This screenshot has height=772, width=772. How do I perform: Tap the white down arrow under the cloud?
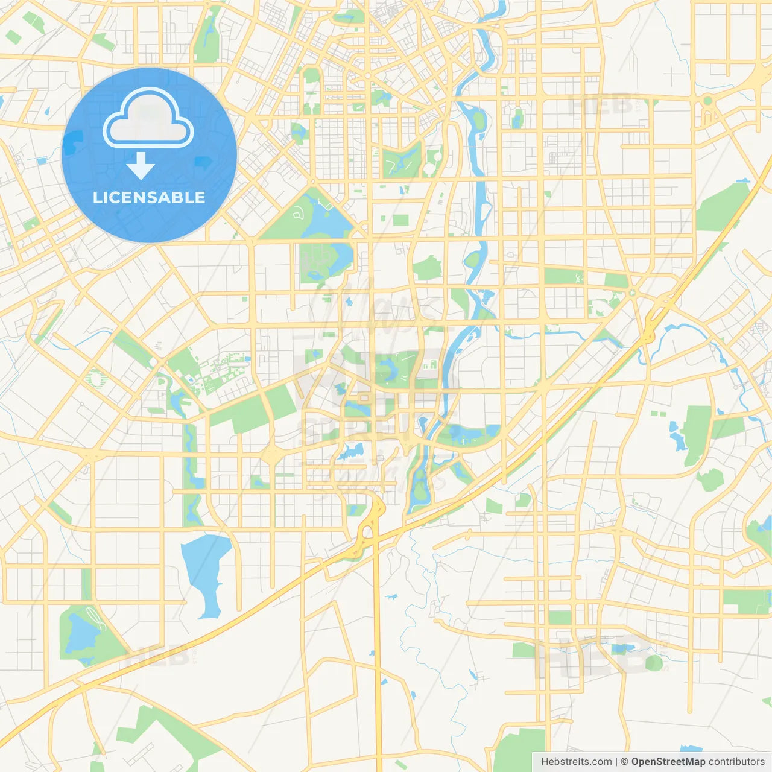(x=141, y=165)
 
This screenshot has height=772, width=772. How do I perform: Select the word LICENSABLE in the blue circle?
(x=149, y=197)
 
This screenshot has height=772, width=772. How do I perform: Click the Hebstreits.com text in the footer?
(x=576, y=762)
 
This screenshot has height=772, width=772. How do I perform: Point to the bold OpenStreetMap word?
(x=668, y=762)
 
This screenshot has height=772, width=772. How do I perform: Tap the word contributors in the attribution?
(x=736, y=762)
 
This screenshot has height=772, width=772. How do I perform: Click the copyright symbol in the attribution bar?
(x=625, y=762)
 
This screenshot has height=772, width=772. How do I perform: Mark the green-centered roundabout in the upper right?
(x=708, y=101)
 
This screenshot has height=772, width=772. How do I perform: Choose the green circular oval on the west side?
(x=95, y=379)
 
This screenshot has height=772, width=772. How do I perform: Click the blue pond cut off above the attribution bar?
(x=691, y=750)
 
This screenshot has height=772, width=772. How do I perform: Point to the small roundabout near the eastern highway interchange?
(x=632, y=293)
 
